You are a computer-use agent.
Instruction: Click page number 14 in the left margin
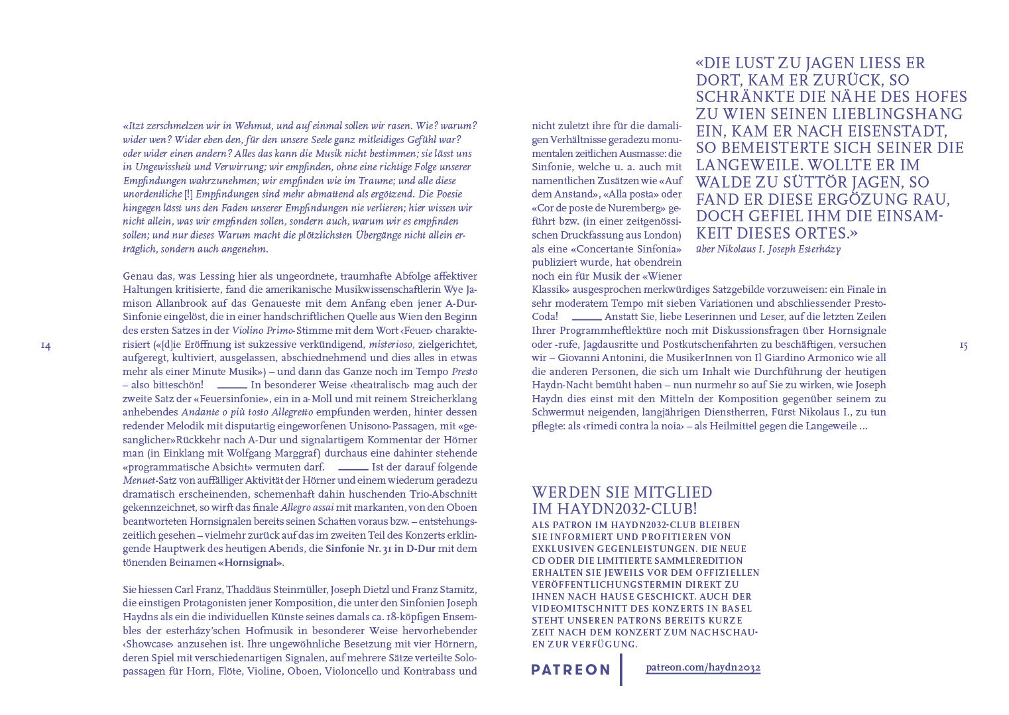pos(46,345)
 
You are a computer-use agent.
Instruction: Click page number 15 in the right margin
pos(963,345)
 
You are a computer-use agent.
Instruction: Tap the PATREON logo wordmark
pos(571,669)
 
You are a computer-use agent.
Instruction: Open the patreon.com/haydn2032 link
pos(703,667)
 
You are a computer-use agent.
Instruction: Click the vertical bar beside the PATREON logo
pos(621,669)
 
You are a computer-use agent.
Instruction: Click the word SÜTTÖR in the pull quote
pos(821,182)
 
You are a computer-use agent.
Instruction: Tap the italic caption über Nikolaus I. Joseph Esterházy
pos(768,250)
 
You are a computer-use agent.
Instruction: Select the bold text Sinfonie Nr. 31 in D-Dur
pos(381,549)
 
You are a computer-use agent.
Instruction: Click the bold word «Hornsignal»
pos(250,563)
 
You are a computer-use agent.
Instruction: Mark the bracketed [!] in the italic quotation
pos(188,194)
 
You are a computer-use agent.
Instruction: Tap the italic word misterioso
pos(391,345)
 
